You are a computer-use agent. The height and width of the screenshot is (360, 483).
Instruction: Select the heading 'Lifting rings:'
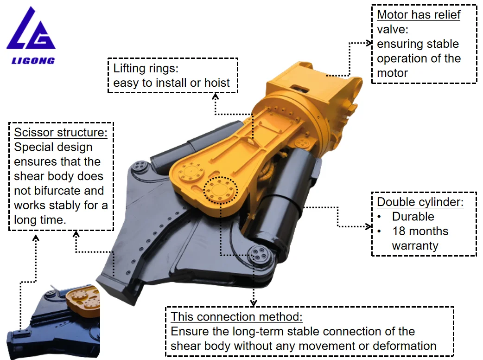[146, 69]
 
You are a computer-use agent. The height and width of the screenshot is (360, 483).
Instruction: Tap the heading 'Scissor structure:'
[60, 132]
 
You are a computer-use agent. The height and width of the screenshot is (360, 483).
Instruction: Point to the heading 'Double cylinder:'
[420, 202]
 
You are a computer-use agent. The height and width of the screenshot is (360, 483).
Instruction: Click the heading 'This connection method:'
[236, 317]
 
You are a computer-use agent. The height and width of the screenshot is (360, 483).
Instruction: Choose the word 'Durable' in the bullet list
[413, 217]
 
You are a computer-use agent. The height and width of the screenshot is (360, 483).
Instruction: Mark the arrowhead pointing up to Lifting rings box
[215, 96]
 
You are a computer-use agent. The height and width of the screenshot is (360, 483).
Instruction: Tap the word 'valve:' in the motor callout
[392, 29]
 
